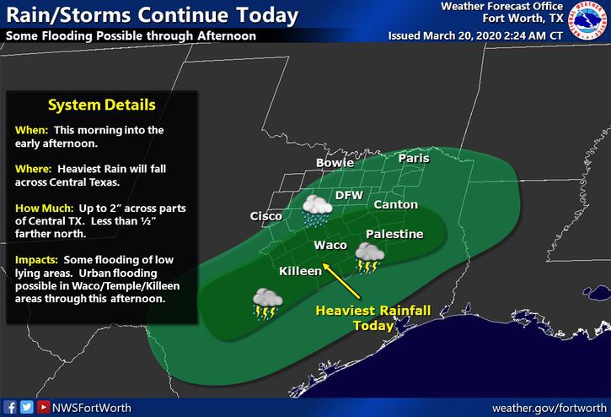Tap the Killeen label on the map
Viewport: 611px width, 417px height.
(301, 271)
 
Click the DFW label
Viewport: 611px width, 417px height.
(349, 195)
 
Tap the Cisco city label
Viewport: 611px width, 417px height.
(266, 217)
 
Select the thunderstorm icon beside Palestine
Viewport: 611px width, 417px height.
(370, 258)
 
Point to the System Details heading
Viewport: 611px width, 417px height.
(101, 106)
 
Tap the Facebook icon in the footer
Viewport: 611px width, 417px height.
(11, 407)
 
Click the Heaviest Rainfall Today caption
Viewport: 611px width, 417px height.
(372, 318)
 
